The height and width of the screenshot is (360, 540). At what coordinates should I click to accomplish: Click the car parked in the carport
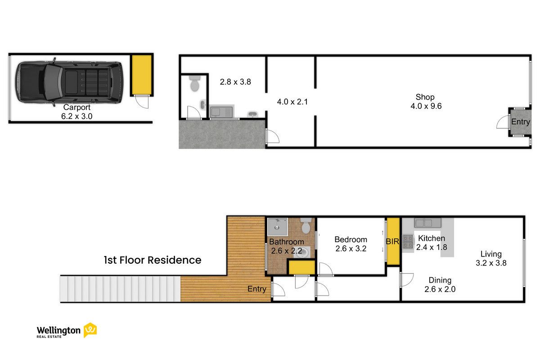tap(69, 82)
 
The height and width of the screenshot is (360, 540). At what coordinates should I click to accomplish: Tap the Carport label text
tap(77, 107)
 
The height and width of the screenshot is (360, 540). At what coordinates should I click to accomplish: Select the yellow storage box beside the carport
tap(141, 75)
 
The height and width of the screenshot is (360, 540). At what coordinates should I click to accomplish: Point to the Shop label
tap(425, 97)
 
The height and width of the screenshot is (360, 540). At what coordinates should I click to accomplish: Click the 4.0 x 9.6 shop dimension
tap(426, 106)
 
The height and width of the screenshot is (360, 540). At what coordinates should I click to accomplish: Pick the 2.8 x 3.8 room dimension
tap(235, 82)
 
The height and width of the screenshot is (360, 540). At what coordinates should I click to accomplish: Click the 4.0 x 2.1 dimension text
tap(292, 102)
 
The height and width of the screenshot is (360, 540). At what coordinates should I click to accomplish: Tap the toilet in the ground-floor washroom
tap(194, 83)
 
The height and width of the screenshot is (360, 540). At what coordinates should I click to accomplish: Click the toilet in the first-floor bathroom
tap(306, 225)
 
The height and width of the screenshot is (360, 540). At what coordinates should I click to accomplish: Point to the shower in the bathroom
tap(278, 227)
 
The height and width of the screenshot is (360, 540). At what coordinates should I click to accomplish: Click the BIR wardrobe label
tap(392, 242)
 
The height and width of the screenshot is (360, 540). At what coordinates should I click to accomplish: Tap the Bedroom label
tap(351, 240)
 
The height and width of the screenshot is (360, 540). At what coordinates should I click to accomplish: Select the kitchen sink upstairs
tap(427, 223)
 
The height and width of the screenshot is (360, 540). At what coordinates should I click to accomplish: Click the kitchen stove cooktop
tap(408, 242)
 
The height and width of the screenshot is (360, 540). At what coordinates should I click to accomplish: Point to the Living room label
tap(491, 254)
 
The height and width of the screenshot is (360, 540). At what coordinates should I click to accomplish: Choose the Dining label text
tap(440, 280)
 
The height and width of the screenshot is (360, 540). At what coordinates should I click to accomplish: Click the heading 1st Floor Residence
tap(153, 260)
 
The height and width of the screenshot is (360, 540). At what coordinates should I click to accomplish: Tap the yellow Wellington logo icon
tap(90, 330)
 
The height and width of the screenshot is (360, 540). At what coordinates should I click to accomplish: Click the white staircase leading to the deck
tap(120, 289)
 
